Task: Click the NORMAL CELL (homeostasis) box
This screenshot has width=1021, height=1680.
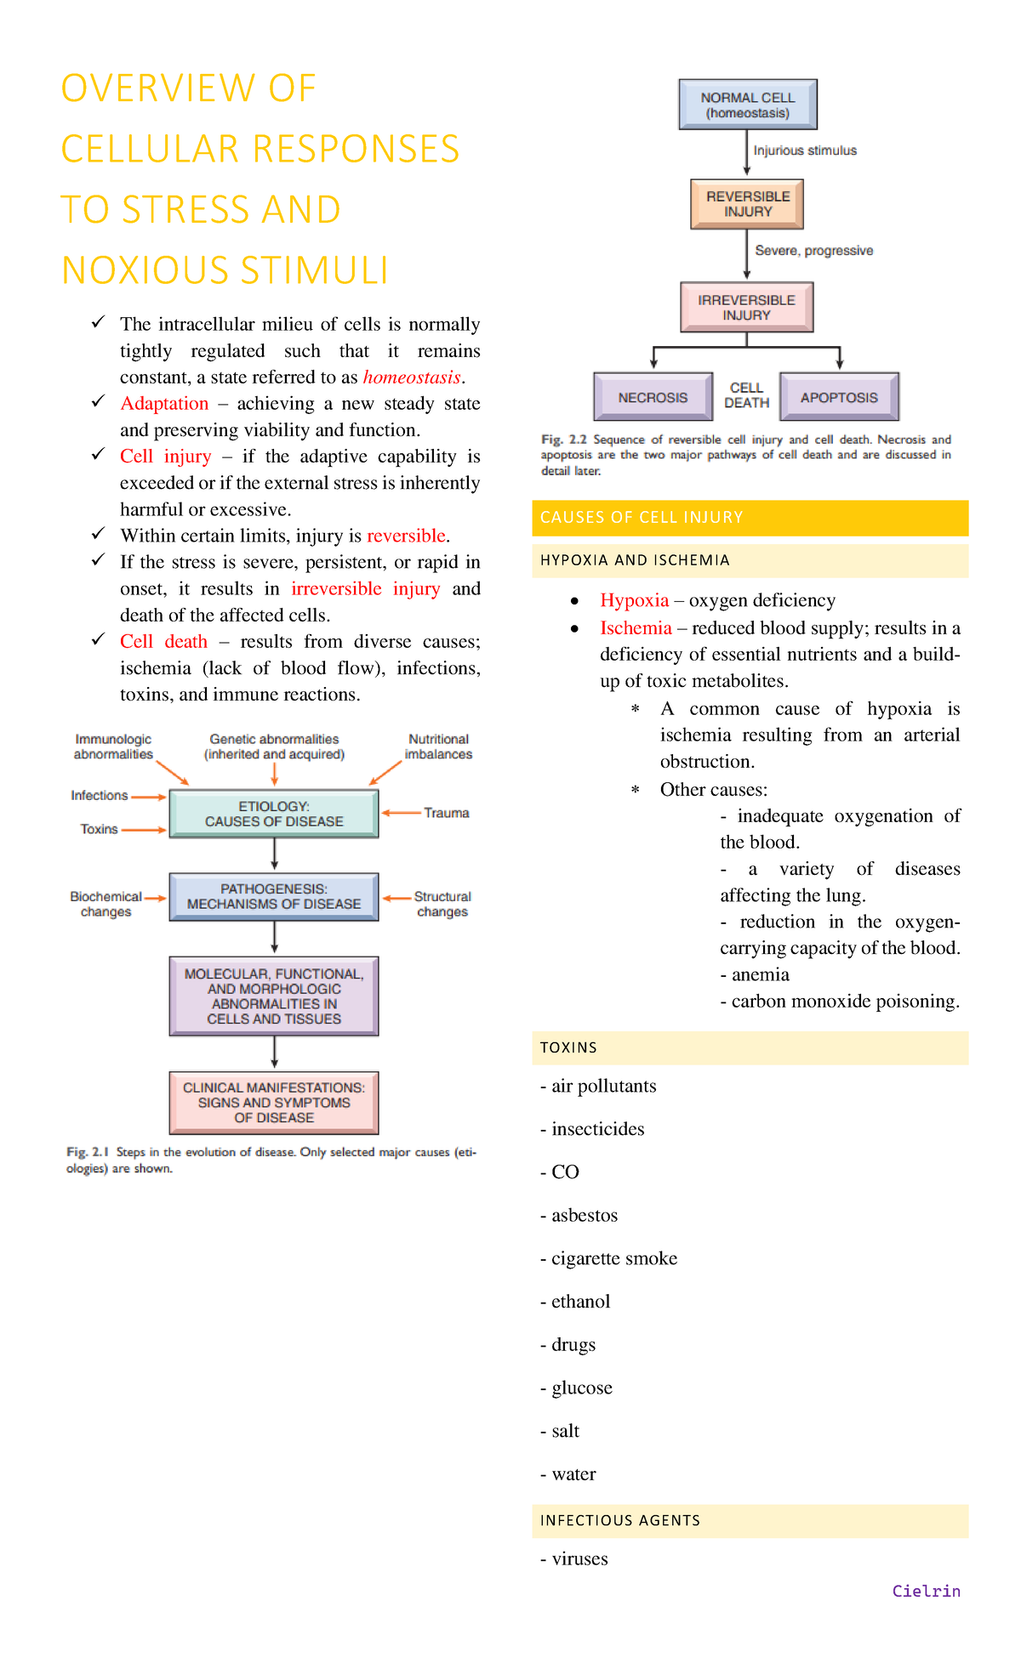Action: click(x=747, y=105)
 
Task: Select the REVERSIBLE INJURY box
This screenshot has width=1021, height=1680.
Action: click(x=747, y=204)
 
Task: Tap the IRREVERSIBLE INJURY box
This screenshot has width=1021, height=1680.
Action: click(x=746, y=307)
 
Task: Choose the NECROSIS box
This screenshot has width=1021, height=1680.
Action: click(x=653, y=397)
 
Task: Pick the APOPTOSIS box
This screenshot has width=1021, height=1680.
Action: click(x=839, y=397)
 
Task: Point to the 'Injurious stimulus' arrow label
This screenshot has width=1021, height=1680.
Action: click(x=805, y=150)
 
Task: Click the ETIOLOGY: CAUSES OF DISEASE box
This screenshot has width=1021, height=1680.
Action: click(x=274, y=814)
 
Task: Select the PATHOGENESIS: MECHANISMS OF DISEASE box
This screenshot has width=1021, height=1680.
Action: click(x=274, y=896)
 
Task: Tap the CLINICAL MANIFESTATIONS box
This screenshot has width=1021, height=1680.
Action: click(x=274, y=1102)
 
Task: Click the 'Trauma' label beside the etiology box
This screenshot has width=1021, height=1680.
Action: click(x=447, y=813)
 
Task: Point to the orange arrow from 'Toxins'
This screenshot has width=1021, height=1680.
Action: click(x=144, y=830)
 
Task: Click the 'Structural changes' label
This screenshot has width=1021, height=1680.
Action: click(x=442, y=904)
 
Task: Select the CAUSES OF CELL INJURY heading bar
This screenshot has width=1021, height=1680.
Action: click(x=750, y=518)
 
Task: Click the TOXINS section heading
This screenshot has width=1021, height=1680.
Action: click(x=568, y=1047)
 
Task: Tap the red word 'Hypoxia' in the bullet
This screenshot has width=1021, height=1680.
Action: click(x=635, y=600)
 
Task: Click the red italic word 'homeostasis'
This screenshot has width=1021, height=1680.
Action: click(x=412, y=377)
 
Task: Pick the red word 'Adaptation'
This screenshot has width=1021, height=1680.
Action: click(x=164, y=403)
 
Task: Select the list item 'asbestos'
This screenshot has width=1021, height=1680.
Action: click(x=585, y=1215)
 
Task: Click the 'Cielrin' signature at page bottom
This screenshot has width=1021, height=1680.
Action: click(x=926, y=1591)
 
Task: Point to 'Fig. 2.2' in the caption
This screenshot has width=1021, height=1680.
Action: click(x=564, y=440)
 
